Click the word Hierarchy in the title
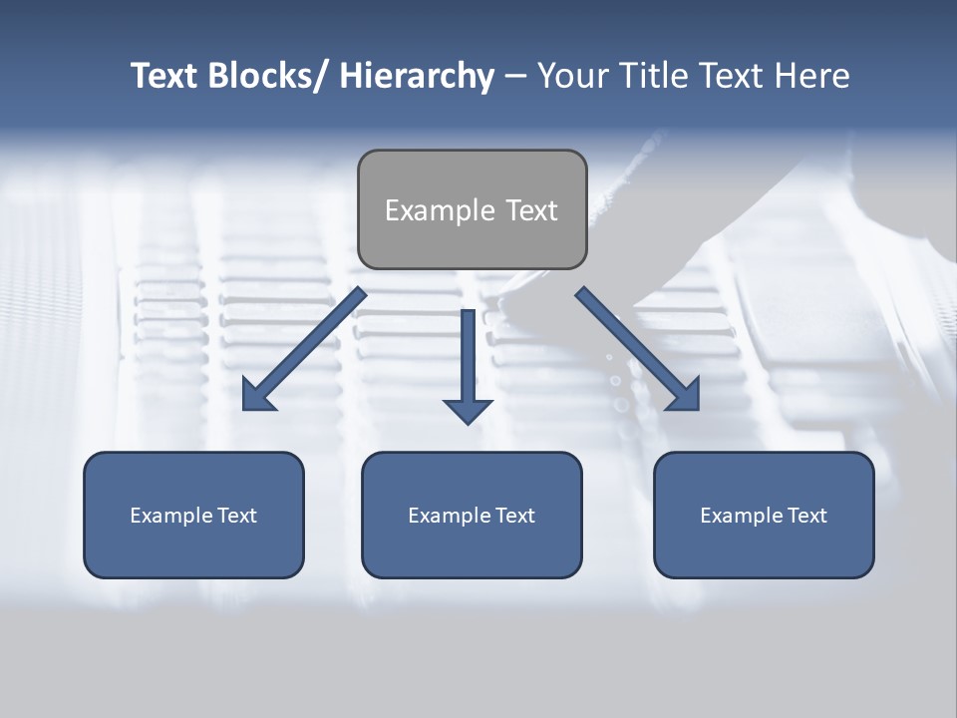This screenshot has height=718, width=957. click(x=417, y=76)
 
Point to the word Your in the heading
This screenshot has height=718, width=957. click(x=573, y=76)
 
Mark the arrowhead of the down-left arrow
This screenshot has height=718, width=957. click(x=258, y=397)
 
